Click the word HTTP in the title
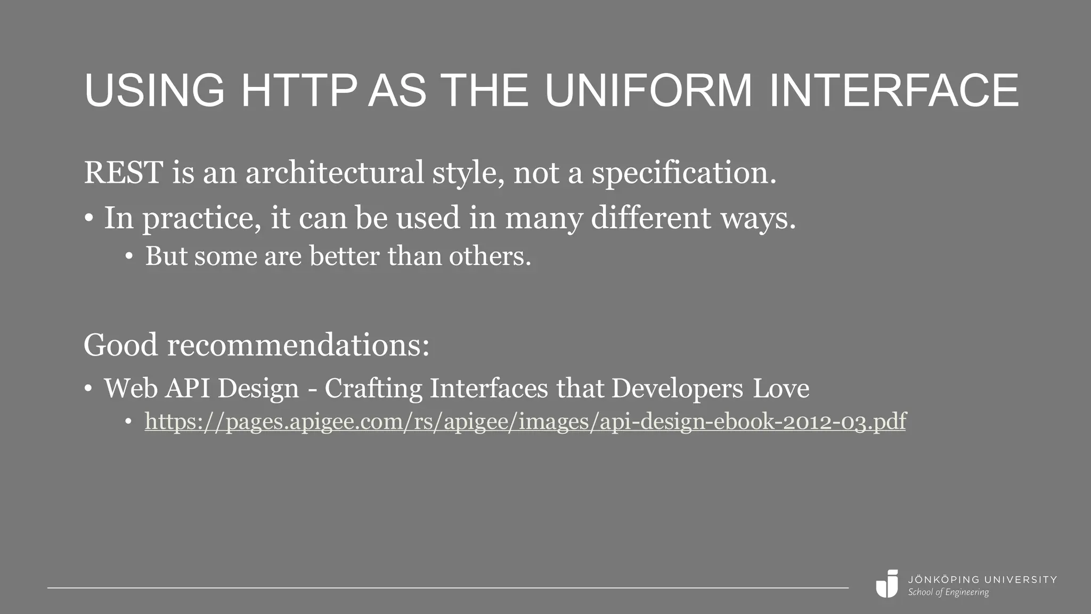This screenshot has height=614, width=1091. pos(298,91)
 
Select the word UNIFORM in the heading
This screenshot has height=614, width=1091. pos(648,91)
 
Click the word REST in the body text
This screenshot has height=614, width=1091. pos(123,173)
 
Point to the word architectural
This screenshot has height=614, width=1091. pos(334,173)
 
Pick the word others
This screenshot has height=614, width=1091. pos(490,256)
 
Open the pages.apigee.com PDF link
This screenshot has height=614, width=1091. pos(525,422)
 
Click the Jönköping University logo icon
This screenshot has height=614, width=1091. pos(888,584)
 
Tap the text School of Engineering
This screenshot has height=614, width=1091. pos(948,592)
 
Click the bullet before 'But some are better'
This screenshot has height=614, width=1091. pos(128,257)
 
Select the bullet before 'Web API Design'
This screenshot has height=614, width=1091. pos(88,389)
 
